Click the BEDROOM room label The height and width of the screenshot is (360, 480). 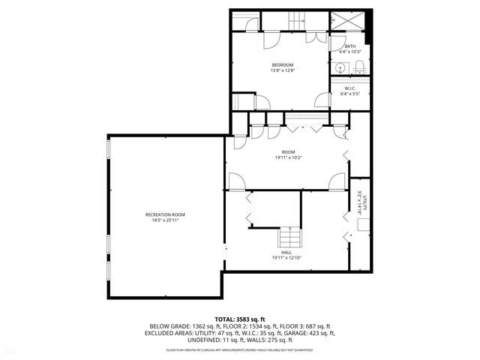(x=281, y=65)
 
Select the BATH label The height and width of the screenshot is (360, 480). (x=350, y=46)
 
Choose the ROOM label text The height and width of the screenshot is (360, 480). (x=288, y=152)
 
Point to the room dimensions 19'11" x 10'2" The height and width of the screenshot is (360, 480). (x=288, y=158)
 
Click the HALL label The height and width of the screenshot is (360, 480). (x=287, y=253)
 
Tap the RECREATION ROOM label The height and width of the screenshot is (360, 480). (x=165, y=214)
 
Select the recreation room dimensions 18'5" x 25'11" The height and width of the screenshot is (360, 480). (x=165, y=220)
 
